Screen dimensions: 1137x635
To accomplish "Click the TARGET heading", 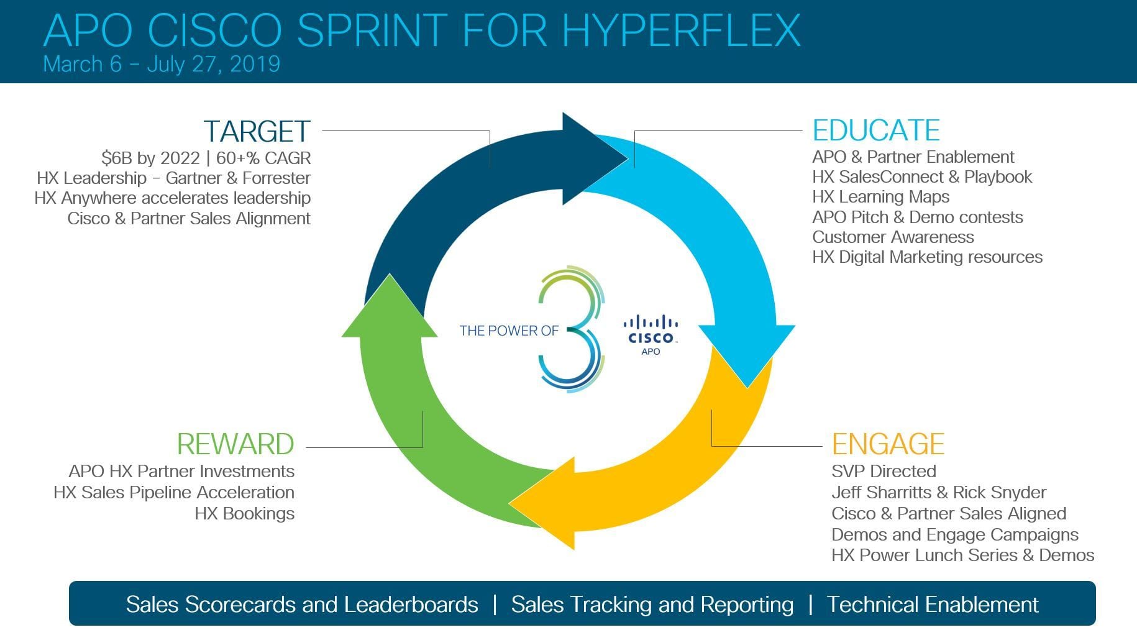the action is (257, 132).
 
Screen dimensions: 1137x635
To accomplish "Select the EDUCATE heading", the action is (876, 130).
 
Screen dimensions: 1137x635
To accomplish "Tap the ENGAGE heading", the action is (888, 444).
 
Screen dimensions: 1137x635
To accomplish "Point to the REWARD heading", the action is (235, 444).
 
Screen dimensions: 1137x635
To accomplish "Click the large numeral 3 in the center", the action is (570, 329).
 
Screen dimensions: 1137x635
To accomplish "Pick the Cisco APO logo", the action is (651, 336).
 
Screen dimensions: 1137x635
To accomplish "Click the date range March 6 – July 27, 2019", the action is (162, 64).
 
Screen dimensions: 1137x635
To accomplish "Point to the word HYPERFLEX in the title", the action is (682, 29).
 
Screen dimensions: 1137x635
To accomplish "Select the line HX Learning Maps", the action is (880, 197).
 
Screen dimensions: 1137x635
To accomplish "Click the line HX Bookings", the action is (244, 514).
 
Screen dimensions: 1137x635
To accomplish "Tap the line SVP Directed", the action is (884, 472).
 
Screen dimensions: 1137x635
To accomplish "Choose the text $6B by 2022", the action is (150, 158).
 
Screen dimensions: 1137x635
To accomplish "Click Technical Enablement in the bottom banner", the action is (932, 605).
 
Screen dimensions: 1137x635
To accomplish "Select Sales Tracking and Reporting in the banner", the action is (652, 605).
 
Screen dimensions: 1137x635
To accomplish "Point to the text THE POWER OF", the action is (509, 331).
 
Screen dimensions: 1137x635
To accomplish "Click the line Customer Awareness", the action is (893, 237).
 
